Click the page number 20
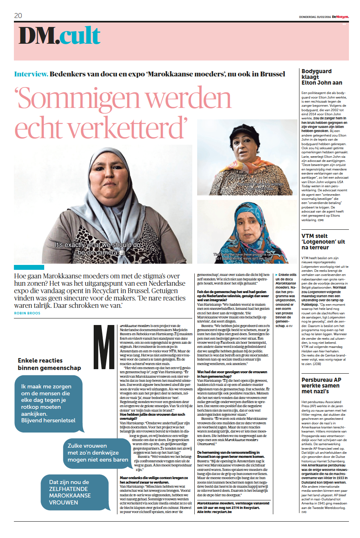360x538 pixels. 18,16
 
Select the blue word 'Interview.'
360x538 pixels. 31,74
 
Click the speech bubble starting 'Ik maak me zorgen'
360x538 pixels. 49,403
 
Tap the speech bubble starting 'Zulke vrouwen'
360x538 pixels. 97,453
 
